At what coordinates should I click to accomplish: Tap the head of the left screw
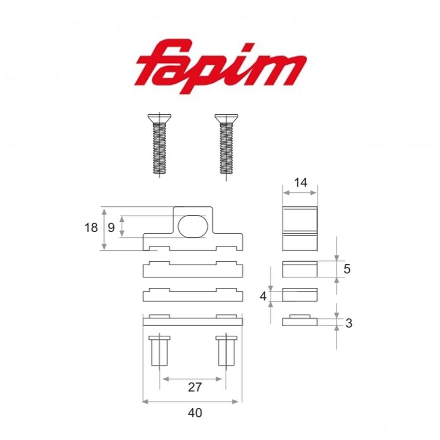pos(159,118)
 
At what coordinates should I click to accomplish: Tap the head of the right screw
pos(226,118)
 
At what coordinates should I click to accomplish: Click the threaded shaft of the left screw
pos(159,148)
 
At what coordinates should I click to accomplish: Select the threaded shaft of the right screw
pos(226,148)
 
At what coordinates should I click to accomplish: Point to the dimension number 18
pos(91,227)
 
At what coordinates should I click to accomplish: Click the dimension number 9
pos(111,227)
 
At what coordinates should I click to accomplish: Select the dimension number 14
pos(301,183)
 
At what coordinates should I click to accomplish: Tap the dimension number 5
pos(347,269)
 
